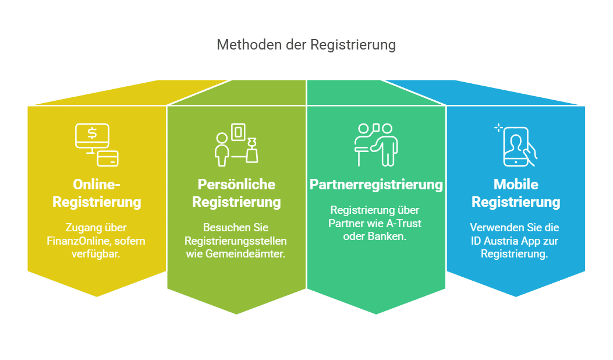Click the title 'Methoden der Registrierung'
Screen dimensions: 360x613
306,45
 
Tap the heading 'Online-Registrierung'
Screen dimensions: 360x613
97,193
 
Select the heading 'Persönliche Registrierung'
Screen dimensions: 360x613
236,193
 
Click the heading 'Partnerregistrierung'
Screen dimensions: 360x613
376,185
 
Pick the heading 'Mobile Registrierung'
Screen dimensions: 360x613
516,193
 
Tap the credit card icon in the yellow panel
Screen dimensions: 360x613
108,158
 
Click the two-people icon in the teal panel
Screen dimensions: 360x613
376,144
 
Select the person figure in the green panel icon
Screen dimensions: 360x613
221,149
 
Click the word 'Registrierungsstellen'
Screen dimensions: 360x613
236,241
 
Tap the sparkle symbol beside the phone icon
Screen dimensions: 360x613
498,128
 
